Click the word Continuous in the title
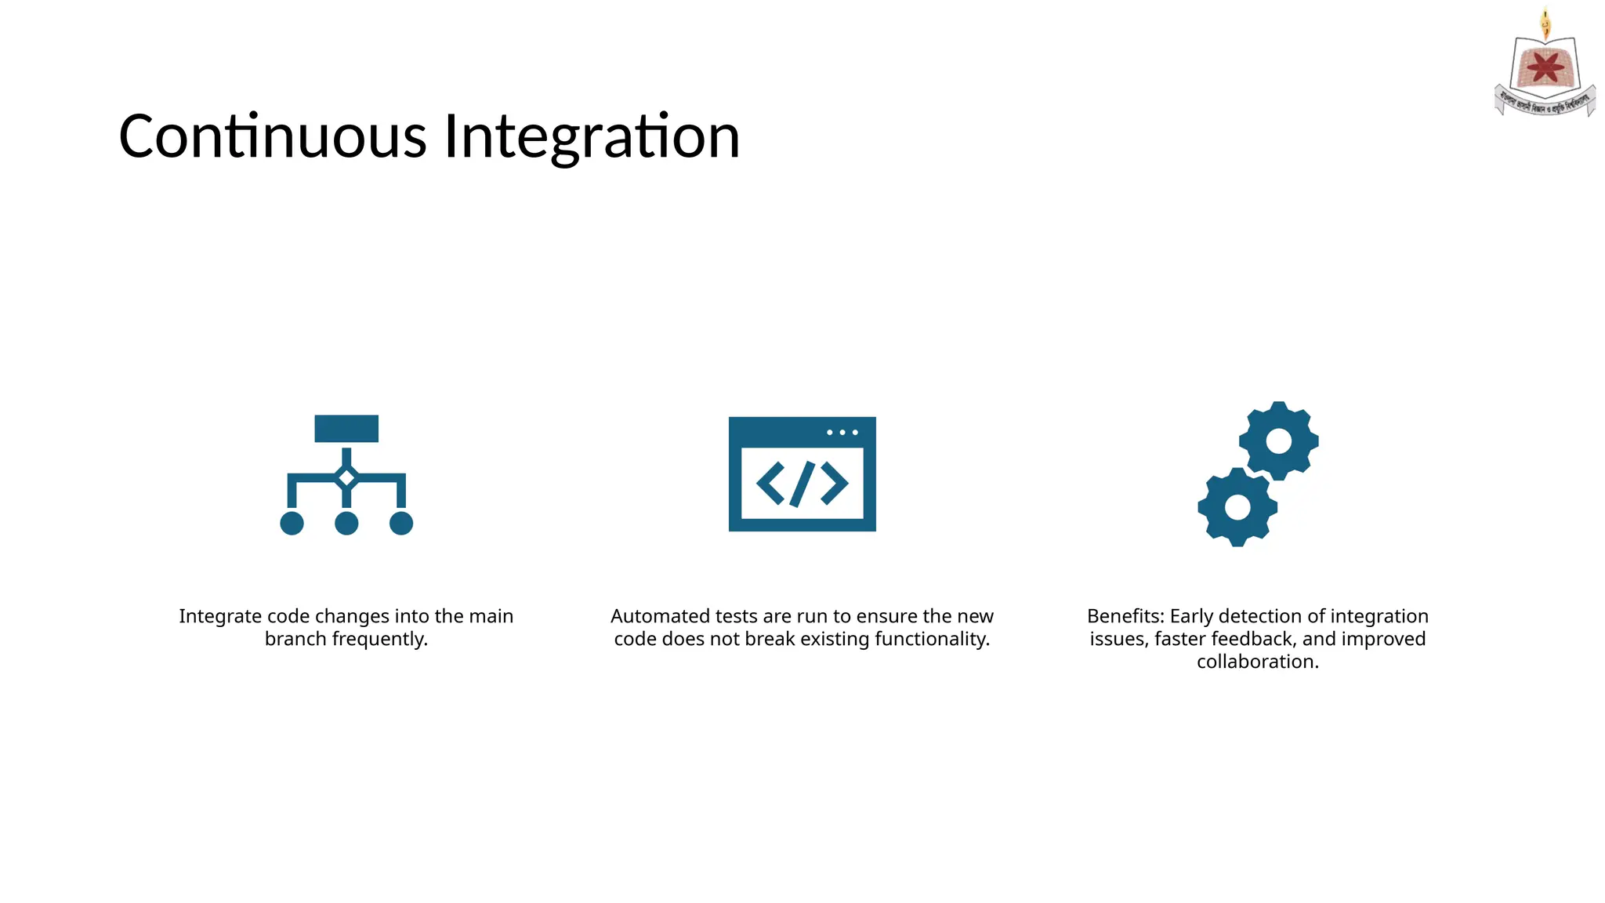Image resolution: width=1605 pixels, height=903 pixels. [x=272, y=136]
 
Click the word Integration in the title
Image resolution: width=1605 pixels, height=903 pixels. [x=592, y=136]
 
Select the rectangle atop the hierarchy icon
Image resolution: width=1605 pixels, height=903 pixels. [x=346, y=429]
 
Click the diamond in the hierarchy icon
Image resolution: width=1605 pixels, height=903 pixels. [x=346, y=477]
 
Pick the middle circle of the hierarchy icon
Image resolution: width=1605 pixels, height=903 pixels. [x=346, y=523]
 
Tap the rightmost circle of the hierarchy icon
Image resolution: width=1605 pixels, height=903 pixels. [x=401, y=523]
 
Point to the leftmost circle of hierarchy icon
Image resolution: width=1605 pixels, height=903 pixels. [x=292, y=523]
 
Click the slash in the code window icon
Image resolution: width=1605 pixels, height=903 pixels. [x=802, y=484]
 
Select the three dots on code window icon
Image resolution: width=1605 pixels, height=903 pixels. [x=842, y=433]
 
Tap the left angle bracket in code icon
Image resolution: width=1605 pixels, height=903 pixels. [x=770, y=484]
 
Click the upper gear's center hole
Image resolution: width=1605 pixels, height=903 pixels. [x=1278, y=441]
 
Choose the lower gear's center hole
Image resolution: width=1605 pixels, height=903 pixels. [x=1237, y=507]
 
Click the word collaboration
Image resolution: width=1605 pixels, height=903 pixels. [x=1257, y=662]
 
